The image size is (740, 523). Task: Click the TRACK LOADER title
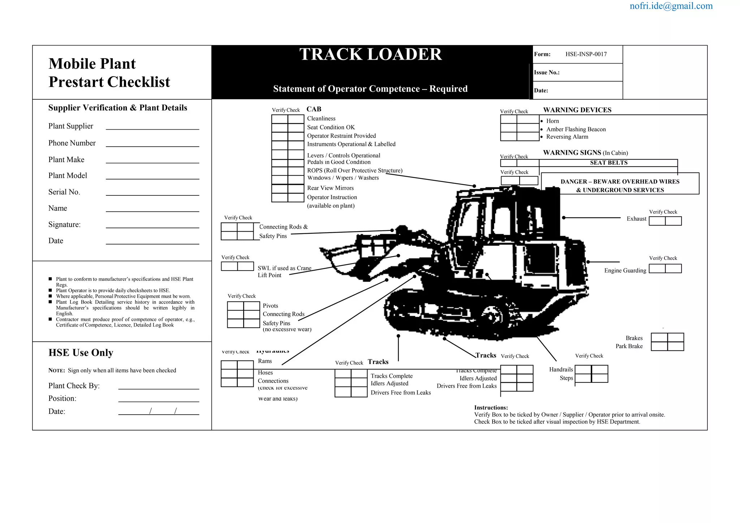coord(370,55)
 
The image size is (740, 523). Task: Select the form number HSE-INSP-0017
coord(586,54)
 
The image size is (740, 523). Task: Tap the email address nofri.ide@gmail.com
coord(671,6)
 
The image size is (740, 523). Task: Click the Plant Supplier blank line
coord(152,127)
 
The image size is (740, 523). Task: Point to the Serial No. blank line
coord(152,193)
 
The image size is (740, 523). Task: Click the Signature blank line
coord(152,225)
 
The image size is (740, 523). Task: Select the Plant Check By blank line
coord(159,386)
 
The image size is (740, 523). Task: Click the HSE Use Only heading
coord(81,353)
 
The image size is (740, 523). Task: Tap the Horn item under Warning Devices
coord(552,121)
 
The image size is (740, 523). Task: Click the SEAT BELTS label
coord(608,163)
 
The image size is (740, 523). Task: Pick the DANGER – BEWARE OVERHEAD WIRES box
coord(620,186)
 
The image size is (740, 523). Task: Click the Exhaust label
coord(636,219)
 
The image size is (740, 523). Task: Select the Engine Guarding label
coord(625,271)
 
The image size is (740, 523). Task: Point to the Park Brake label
coord(629,346)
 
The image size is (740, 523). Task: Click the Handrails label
coord(561,369)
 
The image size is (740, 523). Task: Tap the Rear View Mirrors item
coord(330,188)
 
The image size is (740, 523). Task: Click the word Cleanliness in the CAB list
coord(321,118)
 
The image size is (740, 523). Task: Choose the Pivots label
coord(270,306)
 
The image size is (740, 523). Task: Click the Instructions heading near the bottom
coord(491,408)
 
